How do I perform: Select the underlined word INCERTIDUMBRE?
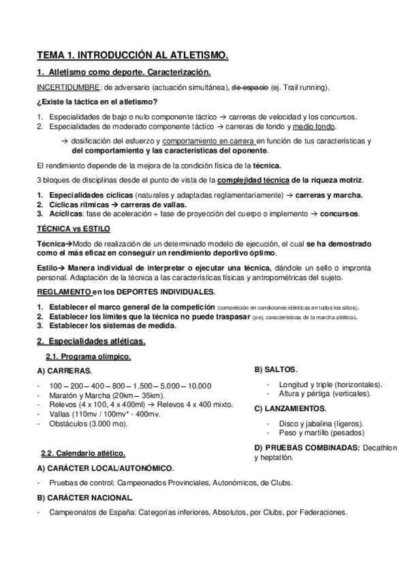tap(67, 87)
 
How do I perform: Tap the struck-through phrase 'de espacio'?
tap(250, 87)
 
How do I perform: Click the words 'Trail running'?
tap(306, 87)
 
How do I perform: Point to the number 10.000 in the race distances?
tap(198, 385)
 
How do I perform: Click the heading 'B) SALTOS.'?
tap(276, 369)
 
